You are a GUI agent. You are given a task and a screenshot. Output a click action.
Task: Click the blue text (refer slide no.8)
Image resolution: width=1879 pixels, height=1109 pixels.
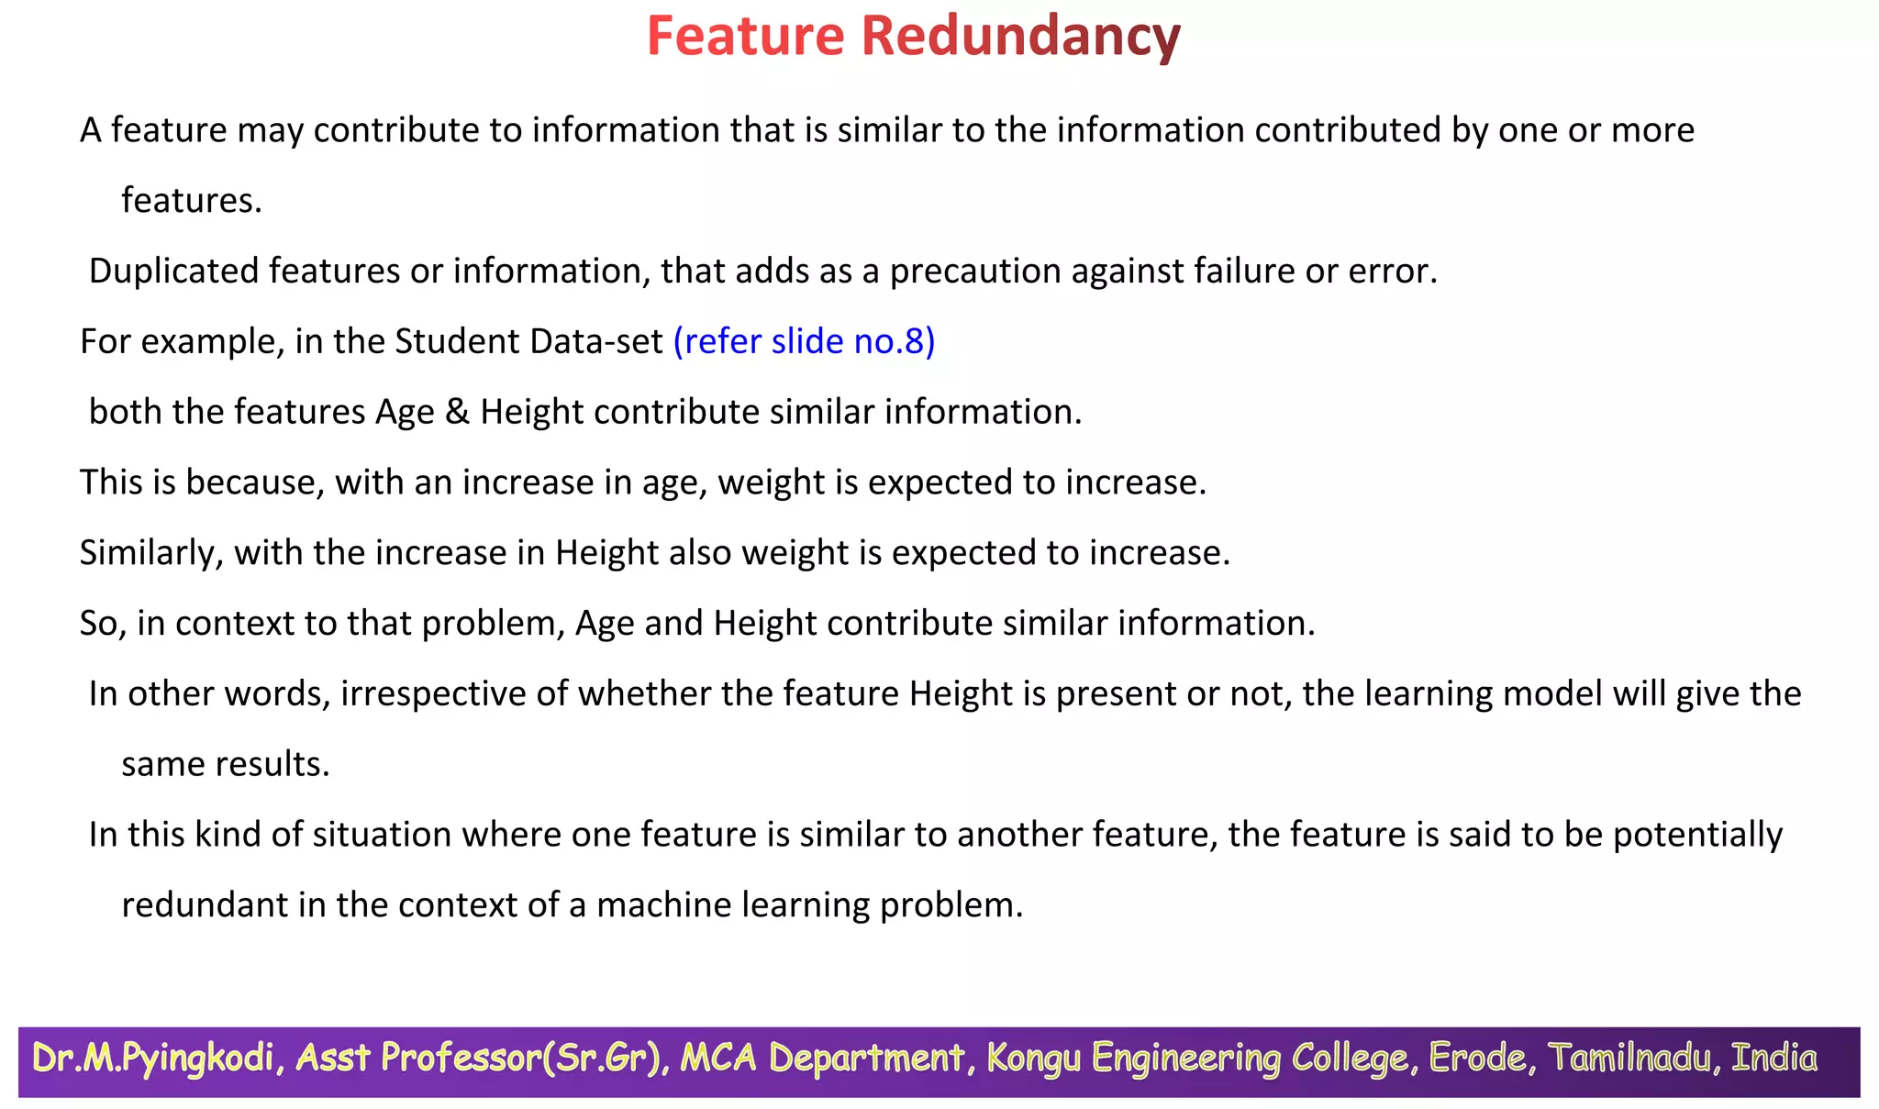click(804, 341)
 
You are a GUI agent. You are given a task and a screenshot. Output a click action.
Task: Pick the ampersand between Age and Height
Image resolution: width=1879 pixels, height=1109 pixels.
click(457, 412)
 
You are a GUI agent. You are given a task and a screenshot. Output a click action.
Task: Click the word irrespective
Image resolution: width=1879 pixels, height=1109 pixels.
click(433, 693)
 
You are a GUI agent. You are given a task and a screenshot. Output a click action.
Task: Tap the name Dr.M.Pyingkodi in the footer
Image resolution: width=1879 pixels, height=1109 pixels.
click(153, 1059)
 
